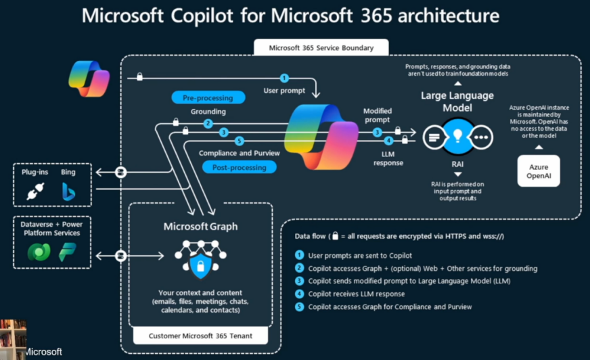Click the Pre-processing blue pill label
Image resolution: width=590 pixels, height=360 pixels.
(208, 98)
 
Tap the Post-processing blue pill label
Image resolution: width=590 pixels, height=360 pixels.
(240, 167)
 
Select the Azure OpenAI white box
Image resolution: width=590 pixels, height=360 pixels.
(539, 171)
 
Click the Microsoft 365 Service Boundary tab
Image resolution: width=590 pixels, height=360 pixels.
(321, 48)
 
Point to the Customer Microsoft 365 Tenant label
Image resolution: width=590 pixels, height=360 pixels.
(200, 336)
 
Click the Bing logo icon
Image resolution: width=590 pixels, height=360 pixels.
(68, 192)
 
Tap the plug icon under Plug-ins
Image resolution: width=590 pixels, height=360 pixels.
(35, 191)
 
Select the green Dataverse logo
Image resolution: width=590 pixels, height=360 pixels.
(39, 252)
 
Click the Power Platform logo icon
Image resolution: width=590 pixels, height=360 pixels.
(68, 252)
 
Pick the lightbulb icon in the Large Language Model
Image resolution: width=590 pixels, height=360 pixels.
(457, 135)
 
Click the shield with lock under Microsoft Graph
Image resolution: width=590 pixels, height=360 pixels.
(200, 265)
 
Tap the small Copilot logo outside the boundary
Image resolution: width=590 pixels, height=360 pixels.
(89, 79)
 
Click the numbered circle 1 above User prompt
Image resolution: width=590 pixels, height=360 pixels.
(284, 78)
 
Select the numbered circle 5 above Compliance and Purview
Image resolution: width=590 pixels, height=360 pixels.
(240, 141)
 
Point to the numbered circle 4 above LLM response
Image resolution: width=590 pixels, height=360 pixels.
(388, 141)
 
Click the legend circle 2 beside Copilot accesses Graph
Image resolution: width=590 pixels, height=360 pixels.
(300, 268)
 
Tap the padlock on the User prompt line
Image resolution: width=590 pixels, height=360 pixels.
(139, 76)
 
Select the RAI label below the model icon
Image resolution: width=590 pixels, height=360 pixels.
(457, 164)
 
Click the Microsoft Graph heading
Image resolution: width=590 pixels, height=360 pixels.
(200, 227)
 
